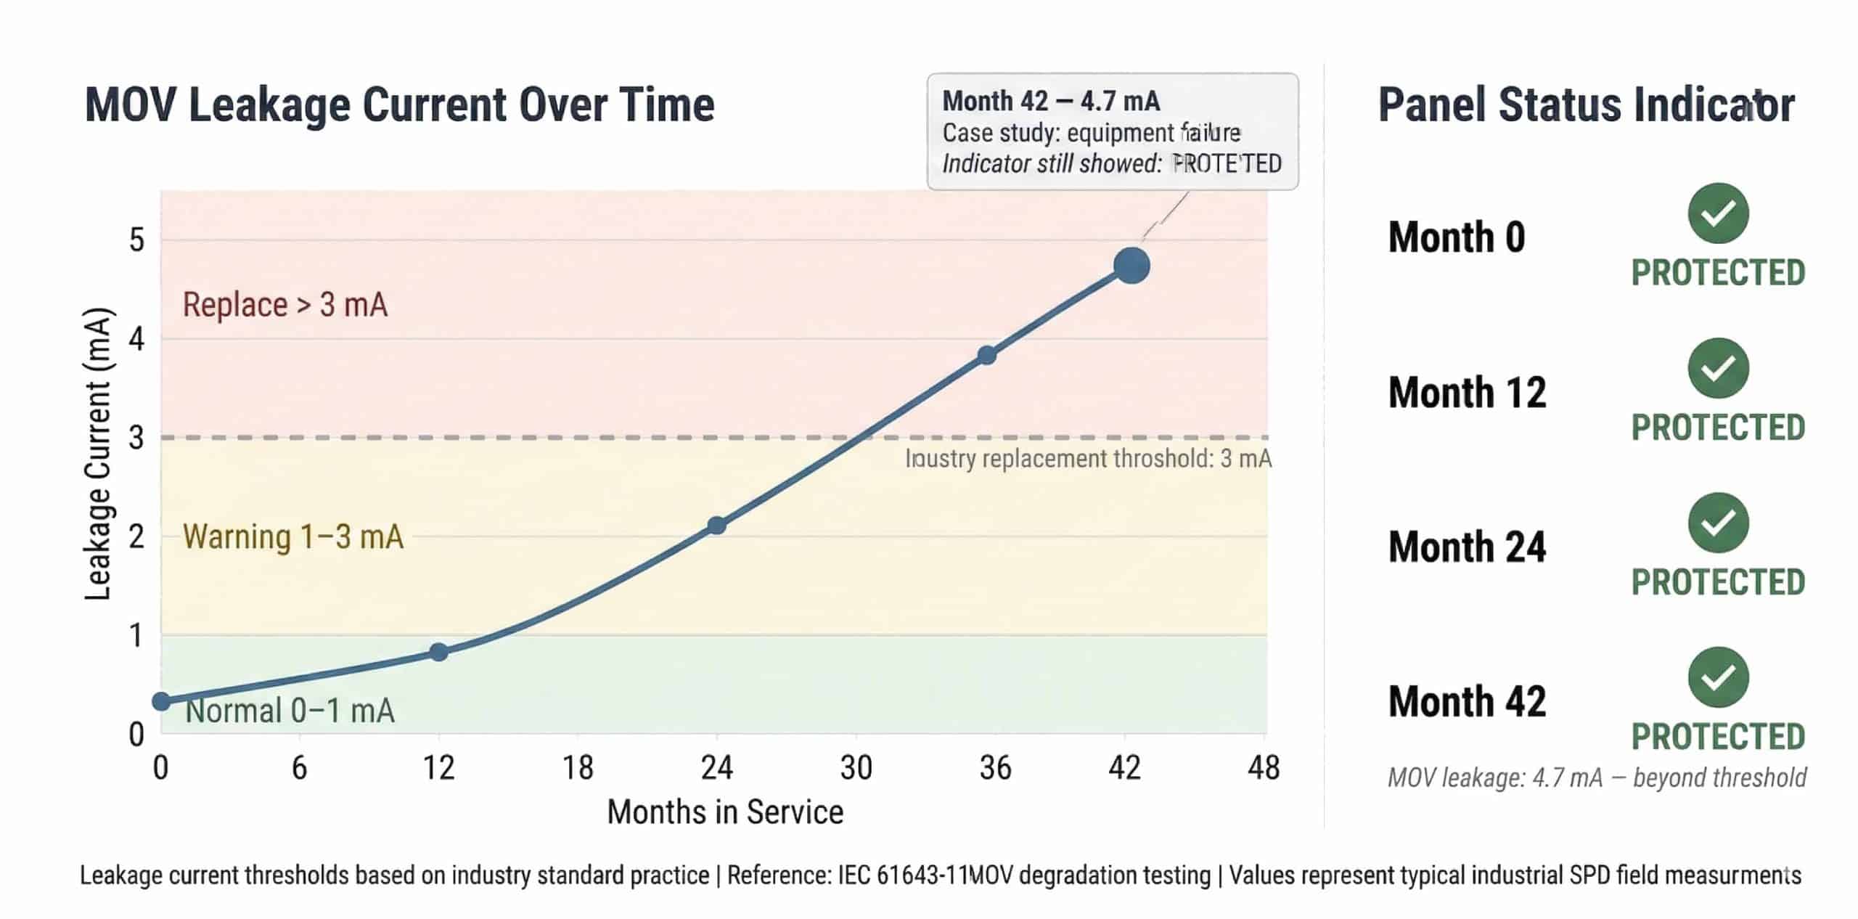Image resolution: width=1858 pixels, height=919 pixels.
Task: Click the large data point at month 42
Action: click(1131, 266)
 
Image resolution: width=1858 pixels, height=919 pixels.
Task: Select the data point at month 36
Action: click(986, 356)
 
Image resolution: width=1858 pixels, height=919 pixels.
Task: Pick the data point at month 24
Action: click(716, 526)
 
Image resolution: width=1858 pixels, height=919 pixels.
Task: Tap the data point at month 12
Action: click(438, 652)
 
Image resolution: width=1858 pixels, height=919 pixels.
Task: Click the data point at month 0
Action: click(162, 701)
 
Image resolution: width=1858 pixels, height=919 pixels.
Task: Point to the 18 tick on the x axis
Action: click(578, 768)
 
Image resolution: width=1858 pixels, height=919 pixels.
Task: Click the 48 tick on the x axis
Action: click(1264, 768)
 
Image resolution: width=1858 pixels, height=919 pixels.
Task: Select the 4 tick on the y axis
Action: click(136, 339)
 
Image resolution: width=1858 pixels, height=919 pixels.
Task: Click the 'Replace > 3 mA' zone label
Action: click(285, 305)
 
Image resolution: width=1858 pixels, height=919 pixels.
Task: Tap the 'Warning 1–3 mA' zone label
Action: click(293, 537)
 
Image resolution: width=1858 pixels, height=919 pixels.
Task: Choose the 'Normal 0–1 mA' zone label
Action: click(290, 711)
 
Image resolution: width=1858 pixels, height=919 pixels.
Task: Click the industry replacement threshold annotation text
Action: click(1088, 459)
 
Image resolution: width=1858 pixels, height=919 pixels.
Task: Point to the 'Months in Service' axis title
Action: click(725, 812)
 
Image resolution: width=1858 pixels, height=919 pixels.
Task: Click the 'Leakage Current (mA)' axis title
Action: click(97, 454)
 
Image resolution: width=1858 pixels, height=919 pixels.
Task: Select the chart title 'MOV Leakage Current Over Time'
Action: click(400, 105)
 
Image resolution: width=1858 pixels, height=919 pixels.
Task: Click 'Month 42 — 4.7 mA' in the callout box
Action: click(1051, 101)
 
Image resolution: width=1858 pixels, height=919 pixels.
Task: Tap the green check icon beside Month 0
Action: click(1718, 213)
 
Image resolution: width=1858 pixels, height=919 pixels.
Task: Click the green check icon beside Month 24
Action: click(1718, 523)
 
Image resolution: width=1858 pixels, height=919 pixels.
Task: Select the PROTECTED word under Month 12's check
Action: click(1718, 428)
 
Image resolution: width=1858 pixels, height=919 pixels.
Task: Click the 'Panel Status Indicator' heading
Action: click(1586, 105)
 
